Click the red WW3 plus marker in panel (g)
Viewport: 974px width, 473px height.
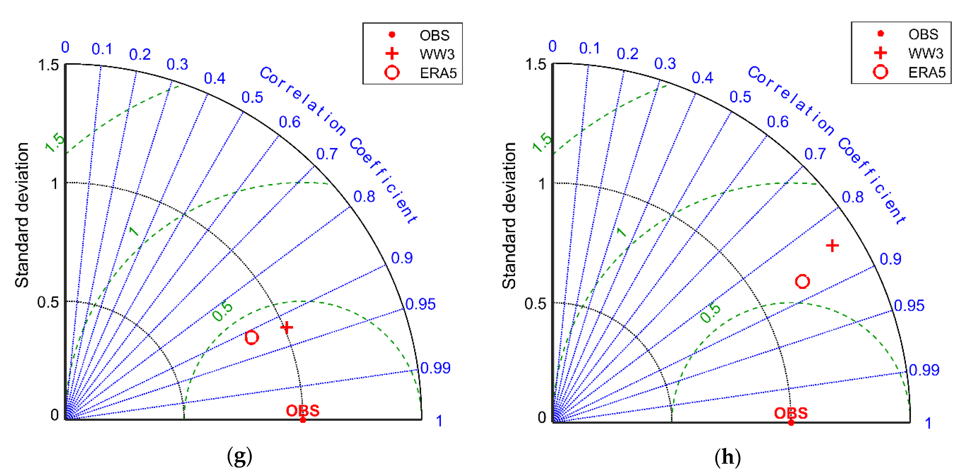(x=287, y=327)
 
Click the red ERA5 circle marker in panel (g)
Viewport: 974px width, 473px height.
(x=251, y=337)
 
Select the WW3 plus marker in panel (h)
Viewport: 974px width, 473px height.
(x=832, y=246)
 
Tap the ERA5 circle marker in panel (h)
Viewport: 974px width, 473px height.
(x=802, y=281)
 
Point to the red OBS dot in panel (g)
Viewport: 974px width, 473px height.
(x=303, y=420)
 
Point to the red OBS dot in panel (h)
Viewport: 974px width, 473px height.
(x=791, y=422)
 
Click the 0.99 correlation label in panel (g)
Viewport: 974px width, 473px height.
(x=436, y=368)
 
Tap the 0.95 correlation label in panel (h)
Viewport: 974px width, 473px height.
(x=909, y=305)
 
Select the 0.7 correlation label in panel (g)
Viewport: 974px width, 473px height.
(x=327, y=154)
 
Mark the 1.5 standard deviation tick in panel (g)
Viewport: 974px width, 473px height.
(x=49, y=65)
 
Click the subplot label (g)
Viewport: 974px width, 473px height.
(x=239, y=456)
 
